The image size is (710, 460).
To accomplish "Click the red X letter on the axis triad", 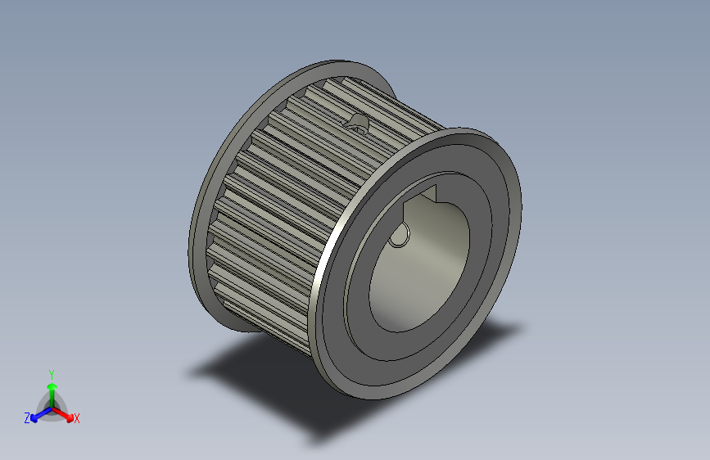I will (77, 418).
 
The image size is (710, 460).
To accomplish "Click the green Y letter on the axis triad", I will (51, 373).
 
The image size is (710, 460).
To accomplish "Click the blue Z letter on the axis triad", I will (27, 417).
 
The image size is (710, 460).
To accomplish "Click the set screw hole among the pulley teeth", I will (358, 124).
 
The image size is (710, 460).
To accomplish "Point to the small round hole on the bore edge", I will (399, 236).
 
